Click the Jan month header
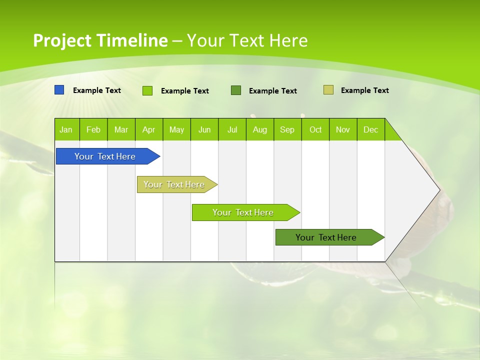pyautogui.click(x=66, y=130)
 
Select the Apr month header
pyautogui.click(x=148, y=130)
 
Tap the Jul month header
pyautogui.click(x=232, y=130)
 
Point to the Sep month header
pyautogui.click(x=287, y=130)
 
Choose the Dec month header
pyautogui.click(x=370, y=130)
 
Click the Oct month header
pyautogui.click(x=315, y=130)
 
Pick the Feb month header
pyautogui.click(x=93, y=130)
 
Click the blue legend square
pyautogui.click(x=59, y=90)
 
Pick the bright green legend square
pyautogui.click(x=147, y=90)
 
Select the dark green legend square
pyautogui.click(x=236, y=90)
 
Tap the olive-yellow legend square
pyautogui.click(x=328, y=90)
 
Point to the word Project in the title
pyautogui.click(x=62, y=40)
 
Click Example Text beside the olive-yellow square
pyautogui.click(x=364, y=90)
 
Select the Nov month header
pyautogui.click(x=343, y=130)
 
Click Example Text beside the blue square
pyautogui.click(x=97, y=90)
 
